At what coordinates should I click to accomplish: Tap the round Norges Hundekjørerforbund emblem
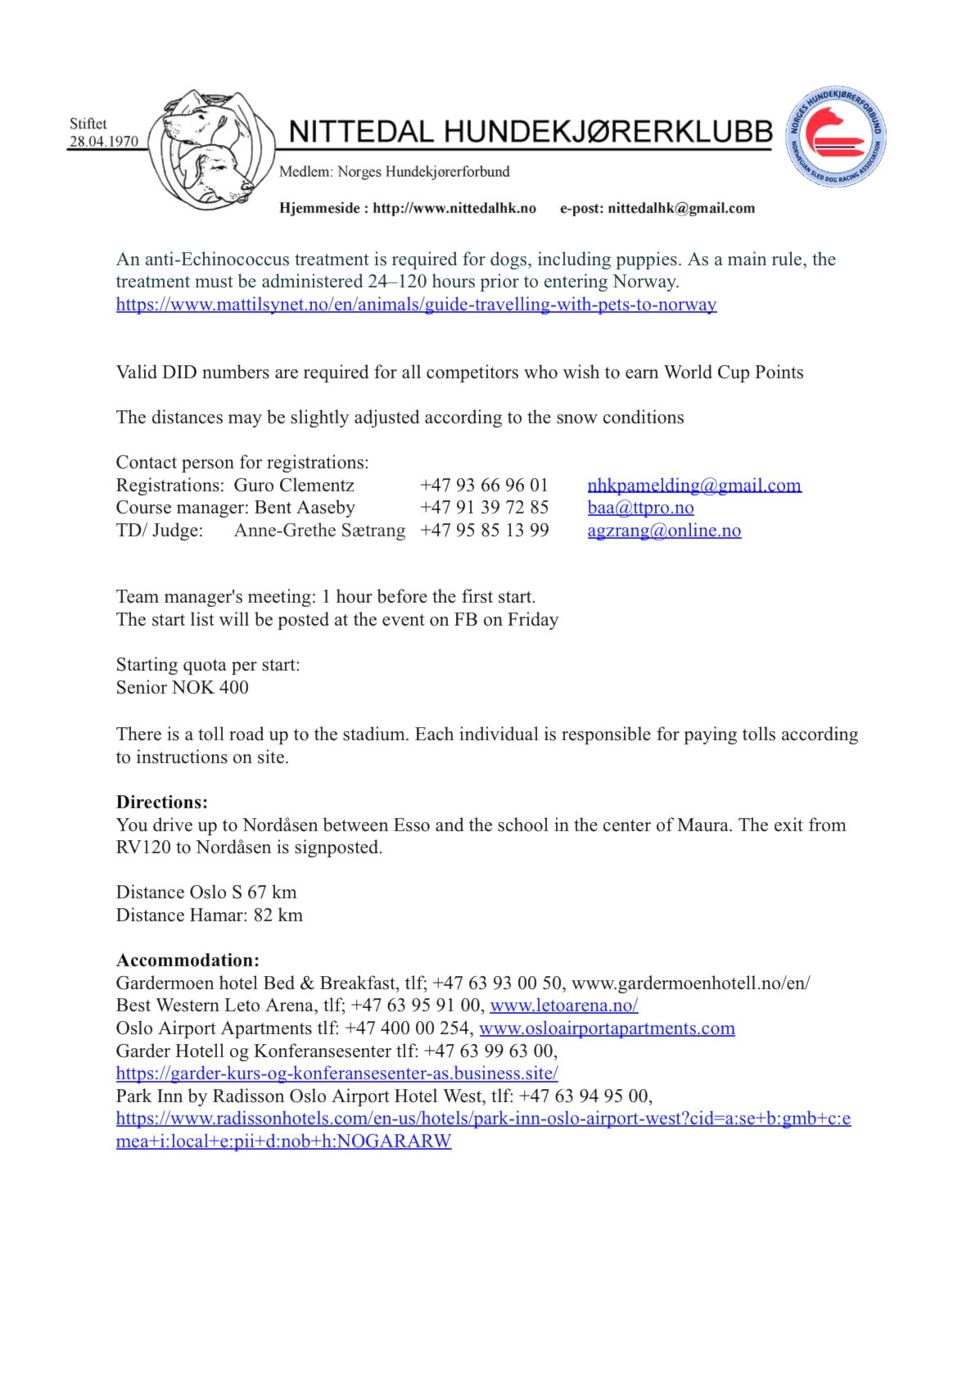point(837,137)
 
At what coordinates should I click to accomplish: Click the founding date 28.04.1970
point(103,141)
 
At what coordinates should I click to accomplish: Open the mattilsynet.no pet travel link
point(416,305)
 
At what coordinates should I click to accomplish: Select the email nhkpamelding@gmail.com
point(694,485)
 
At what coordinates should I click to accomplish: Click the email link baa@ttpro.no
point(640,508)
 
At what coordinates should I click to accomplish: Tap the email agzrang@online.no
point(664,531)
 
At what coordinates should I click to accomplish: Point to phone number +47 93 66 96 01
point(484,485)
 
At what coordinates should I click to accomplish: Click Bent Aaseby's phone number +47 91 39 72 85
point(484,508)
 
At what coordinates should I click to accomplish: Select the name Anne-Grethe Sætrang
point(319,531)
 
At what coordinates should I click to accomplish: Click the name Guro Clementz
point(294,485)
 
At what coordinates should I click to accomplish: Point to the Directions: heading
point(162,802)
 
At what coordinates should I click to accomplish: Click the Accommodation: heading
point(188,960)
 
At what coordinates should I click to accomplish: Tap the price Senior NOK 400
point(182,688)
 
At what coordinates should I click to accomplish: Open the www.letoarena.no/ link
point(563,1006)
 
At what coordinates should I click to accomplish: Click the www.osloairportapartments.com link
point(607,1029)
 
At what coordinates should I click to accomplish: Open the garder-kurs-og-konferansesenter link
point(337,1074)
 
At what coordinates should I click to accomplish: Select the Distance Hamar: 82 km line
point(209,915)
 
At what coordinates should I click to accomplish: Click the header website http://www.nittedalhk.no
point(454,208)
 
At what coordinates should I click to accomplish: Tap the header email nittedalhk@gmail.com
point(681,208)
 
